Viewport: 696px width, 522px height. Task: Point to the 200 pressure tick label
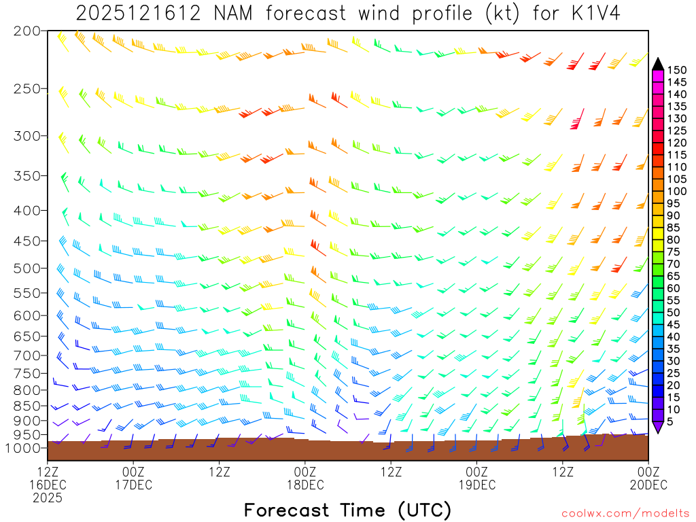tap(27, 31)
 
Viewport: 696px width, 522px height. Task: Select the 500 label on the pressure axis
tap(27, 268)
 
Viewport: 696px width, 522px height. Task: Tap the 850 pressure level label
tap(27, 406)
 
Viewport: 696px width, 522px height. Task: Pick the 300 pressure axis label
tap(27, 136)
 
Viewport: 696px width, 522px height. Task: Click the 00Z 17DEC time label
tap(133, 478)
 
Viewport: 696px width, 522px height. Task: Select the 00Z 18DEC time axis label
tap(305, 478)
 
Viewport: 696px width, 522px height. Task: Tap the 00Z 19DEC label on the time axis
tap(476, 478)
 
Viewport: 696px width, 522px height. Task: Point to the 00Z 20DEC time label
tap(648, 478)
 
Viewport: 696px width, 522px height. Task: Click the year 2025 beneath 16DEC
tap(48, 498)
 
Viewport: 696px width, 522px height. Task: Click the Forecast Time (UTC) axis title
tap(347, 510)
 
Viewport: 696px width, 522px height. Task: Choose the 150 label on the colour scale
tap(677, 69)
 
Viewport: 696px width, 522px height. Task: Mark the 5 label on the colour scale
tap(671, 422)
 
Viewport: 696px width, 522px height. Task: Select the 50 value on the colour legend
tap(674, 312)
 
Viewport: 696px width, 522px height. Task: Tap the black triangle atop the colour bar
tap(658, 64)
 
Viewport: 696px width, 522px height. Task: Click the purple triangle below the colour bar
tap(658, 427)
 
